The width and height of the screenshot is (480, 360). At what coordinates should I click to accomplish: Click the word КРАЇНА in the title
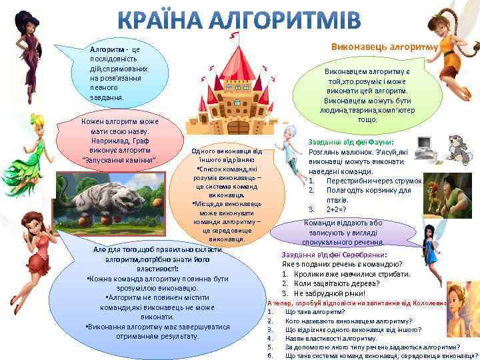pyautogui.click(x=169, y=20)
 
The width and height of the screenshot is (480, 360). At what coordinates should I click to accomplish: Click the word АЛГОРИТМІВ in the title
pyautogui.click(x=288, y=20)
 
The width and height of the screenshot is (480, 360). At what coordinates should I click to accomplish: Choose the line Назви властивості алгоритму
pyautogui.click(x=321, y=338)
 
